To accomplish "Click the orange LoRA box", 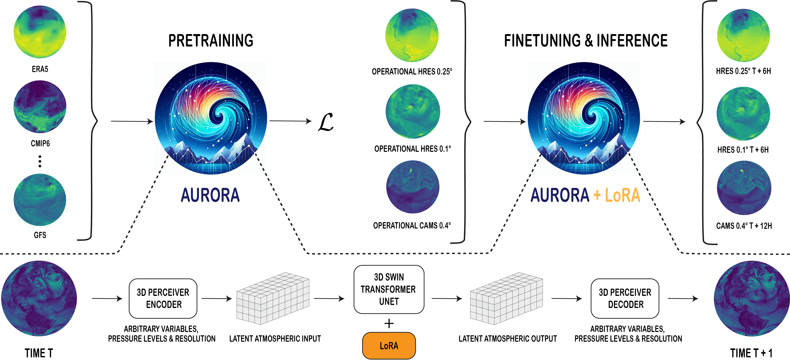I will pos(389,346).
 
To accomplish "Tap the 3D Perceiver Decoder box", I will pos(625,298).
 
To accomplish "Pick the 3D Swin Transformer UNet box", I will pos(389,289).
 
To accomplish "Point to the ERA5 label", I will pos(40,69).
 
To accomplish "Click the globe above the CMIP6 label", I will pos(40,107).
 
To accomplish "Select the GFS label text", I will pos(40,235).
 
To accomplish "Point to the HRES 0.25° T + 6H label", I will pos(743,71).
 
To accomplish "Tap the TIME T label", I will pos(39,353).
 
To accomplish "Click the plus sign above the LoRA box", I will pos(389,324).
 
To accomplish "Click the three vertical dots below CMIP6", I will pos(40,161).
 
